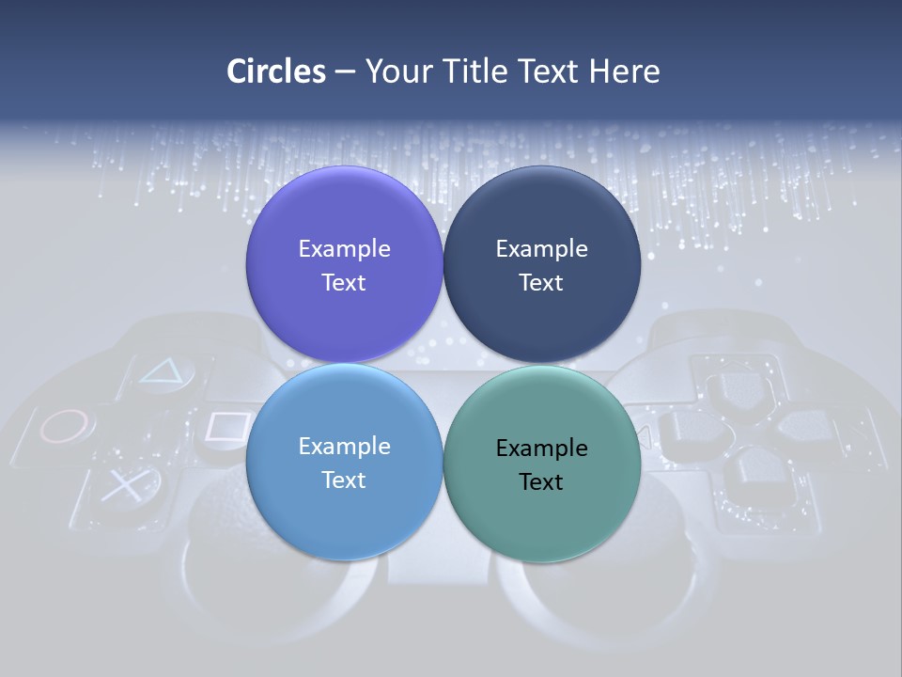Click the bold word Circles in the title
pyautogui.click(x=275, y=71)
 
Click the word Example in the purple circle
pyautogui.click(x=344, y=249)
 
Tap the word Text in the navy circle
pyautogui.click(x=541, y=283)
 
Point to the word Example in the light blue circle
pyautogui.click(x=344, y=447)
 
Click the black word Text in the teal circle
pyautogui.click(x=541, y=482)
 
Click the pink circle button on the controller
pyautogui.click(x=68, y=426)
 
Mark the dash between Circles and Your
pyautogui.click(x=345, y=71)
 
